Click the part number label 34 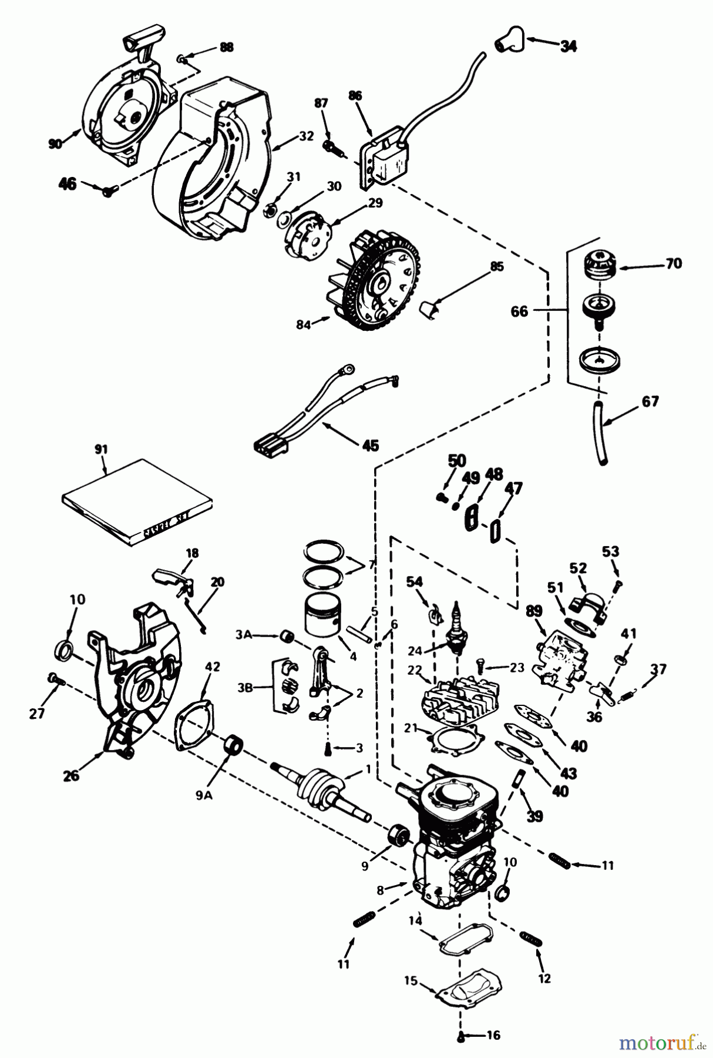click(567, 45)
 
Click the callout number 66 click(520, 311)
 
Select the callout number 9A click(204, 796)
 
